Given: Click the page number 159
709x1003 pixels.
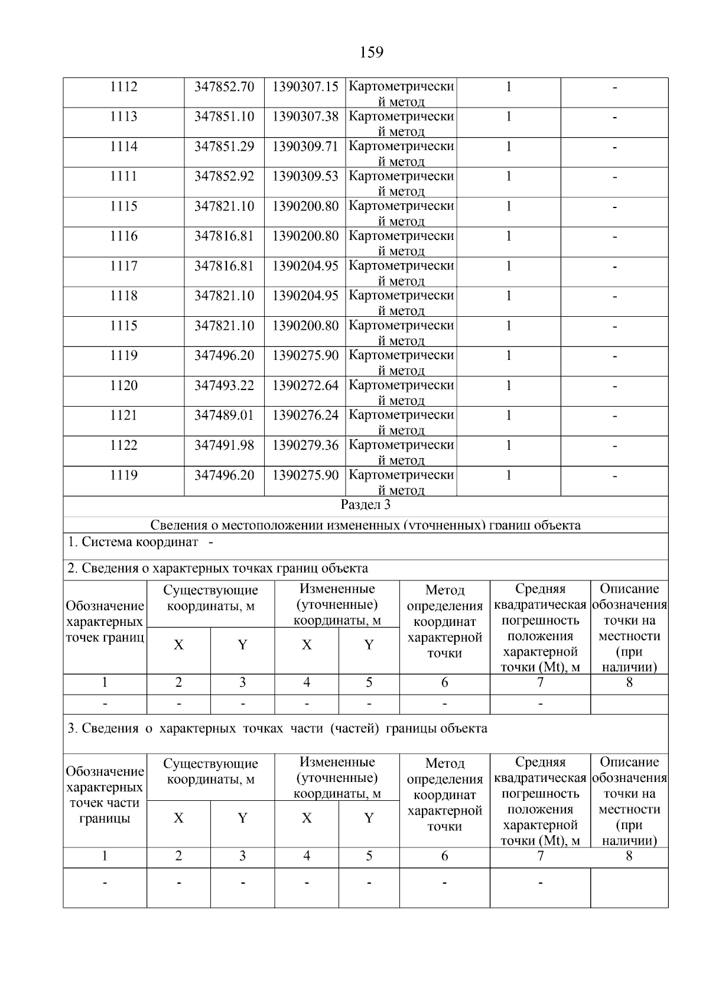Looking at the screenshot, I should [x=371, y=53].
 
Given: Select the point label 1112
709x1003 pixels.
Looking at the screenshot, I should [x=123, y=87].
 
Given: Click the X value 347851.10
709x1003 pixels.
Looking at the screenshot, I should [x=224, y=116].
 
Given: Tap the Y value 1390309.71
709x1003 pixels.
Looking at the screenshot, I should [x=305, y=147].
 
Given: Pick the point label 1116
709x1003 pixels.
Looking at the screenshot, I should [x=123, y=236].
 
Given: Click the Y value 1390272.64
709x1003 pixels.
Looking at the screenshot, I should [x=305, y=386].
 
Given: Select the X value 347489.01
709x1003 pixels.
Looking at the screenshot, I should [x=224, y=416].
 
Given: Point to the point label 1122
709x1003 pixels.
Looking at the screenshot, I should [x=123, y=446].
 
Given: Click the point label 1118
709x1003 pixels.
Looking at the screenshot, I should [x=123, y=296].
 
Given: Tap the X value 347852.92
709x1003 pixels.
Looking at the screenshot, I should [x=224, y=176].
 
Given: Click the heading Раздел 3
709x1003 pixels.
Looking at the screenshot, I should [x=366, y=505].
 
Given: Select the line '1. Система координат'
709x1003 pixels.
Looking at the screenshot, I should [x=133, y=542].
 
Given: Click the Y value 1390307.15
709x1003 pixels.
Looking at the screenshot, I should [x=305, y=87].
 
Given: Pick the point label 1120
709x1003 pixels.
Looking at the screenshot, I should [x=123, y=386].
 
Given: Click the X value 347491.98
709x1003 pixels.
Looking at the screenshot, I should [x=224, y=446].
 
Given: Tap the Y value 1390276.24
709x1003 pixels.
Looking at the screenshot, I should [x=305, y=416].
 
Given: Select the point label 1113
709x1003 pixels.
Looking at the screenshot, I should [x=123, y=116].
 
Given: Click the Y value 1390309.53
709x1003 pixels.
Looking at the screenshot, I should [x=305, y=176].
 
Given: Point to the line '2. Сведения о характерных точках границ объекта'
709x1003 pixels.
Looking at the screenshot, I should [x=217, y=569].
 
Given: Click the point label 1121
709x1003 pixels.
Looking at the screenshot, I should [x=123, y=416].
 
